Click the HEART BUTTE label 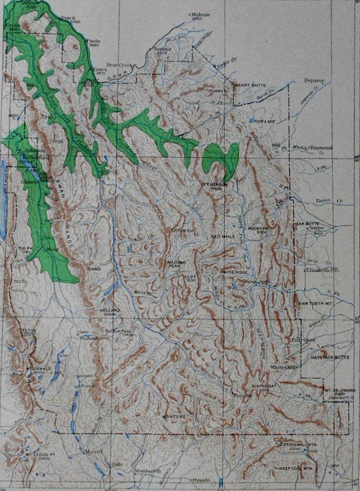(251, 85)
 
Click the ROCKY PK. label (258, 228)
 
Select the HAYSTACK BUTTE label (330, 357)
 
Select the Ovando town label (201, 480)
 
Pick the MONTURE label (174, 417)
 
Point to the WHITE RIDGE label (234, 273)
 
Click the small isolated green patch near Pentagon (221, 157)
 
